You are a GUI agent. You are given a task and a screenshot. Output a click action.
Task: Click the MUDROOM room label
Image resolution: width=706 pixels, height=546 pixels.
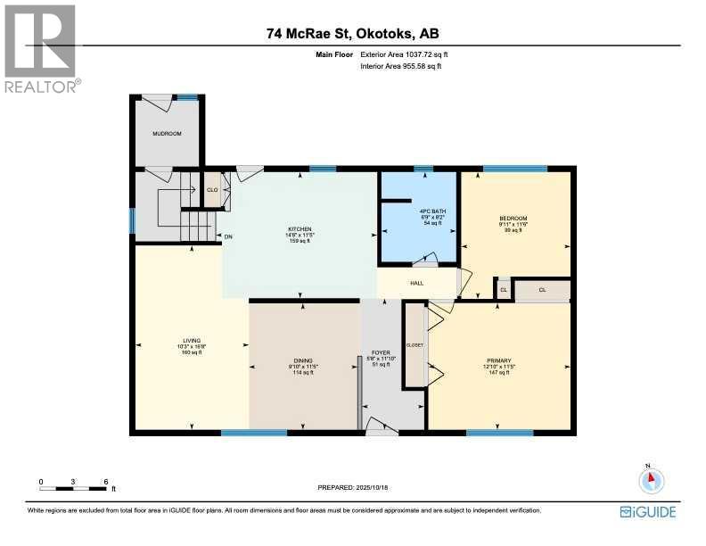coord(167,134)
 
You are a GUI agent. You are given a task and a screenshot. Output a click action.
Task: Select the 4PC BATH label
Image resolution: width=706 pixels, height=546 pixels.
coord(419,211)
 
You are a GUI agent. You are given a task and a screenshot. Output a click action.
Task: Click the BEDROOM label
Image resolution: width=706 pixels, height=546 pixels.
coord(513,219)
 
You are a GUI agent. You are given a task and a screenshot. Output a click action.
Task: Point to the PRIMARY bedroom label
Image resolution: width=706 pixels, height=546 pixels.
coord(499,360)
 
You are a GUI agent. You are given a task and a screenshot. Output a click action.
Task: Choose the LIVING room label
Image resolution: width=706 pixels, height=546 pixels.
coord(192,340)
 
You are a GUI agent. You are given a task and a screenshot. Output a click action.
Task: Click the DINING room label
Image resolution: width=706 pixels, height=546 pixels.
coord(305,360)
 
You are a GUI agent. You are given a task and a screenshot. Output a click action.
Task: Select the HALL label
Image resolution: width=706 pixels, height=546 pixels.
coord(416,283)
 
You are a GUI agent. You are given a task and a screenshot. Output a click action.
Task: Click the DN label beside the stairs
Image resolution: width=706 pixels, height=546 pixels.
coord(228,236)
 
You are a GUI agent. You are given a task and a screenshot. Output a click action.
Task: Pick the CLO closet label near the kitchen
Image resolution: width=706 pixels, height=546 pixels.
coord(212,189)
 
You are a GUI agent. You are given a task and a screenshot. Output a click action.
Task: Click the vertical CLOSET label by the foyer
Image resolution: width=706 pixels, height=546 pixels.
coord(415,344)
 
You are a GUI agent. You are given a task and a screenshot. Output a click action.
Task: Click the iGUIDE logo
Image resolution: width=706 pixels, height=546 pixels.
coord(647,511)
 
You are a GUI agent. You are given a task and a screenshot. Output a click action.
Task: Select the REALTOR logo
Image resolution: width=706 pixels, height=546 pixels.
coord(41,49)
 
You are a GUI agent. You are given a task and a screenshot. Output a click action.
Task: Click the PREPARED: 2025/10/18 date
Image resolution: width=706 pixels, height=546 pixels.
coord(353,487)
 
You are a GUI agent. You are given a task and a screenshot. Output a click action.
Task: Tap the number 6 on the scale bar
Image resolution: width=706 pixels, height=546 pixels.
coord(106,481)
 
